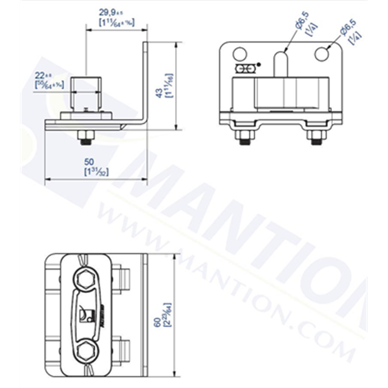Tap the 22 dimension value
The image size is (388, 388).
43,76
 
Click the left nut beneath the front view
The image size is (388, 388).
244,136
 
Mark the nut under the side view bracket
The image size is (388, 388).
85,136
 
